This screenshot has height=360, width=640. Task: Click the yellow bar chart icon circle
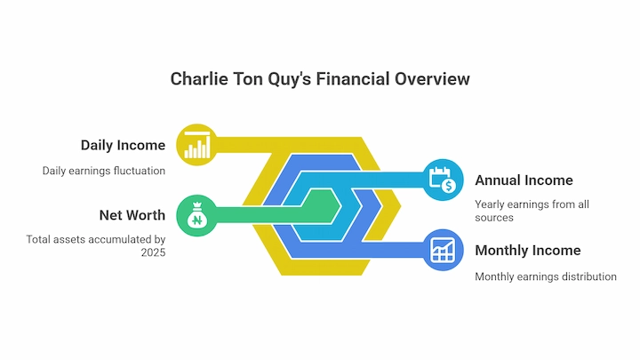tap(196, 145)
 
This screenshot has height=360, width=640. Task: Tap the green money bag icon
tap(196, 215)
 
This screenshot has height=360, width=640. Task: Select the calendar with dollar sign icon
tap(443, 180)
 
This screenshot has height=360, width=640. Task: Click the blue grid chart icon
tap(443, 250)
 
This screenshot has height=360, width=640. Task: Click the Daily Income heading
tap(123, 145)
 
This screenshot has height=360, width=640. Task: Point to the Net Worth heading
tap(132, 215)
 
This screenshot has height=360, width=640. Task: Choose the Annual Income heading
tap(524, 180)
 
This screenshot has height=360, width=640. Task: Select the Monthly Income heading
tap(528, 250)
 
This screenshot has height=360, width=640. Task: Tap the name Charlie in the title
tap(199, 79)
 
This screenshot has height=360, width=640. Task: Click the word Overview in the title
tap(432, 79)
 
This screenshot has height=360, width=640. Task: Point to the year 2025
tap(153, 252)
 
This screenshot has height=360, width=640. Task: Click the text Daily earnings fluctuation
tap(104, 171)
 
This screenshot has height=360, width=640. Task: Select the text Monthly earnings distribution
tap(546, 276)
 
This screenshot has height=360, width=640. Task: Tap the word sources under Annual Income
tap(494, 218)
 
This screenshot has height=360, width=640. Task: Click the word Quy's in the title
tap(290, 80)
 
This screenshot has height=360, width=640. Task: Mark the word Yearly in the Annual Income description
tap(490, 204)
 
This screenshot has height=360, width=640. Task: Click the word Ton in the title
tap(248, 79)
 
